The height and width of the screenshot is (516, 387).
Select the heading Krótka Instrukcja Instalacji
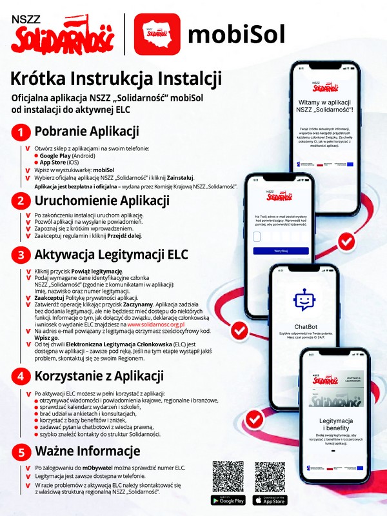[116, 79]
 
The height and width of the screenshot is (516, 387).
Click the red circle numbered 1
[21, 133]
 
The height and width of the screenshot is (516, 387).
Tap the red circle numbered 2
[21, 201]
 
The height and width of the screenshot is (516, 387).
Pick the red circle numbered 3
[21, 254]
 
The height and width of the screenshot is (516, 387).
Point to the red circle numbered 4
[21, 376]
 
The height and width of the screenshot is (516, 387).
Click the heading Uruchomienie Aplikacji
[101, 201]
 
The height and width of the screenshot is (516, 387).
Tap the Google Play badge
[228, 500]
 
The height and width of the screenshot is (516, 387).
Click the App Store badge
[270, 500]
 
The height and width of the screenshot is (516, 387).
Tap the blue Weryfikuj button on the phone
[281, 250]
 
